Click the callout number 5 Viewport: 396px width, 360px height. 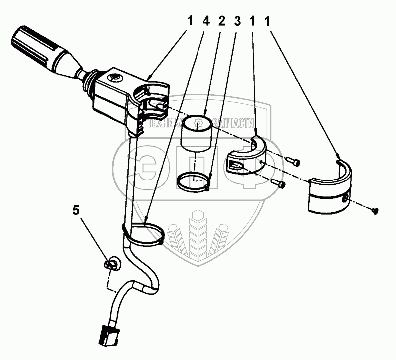tap(76, 210)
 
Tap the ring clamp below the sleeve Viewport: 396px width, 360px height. tap(193, 180)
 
